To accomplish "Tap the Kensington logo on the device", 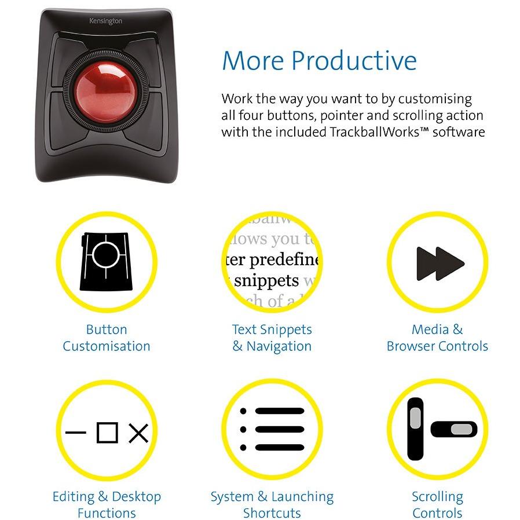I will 105,21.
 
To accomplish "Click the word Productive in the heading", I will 353,61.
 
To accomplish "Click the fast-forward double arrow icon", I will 440,263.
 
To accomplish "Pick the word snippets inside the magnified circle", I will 267,281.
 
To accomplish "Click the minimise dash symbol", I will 75,433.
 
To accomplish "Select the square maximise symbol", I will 107,432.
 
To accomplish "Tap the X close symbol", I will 138,433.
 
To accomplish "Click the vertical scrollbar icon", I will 415,429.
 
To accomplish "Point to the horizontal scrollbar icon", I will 454,429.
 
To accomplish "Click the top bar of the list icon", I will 279,412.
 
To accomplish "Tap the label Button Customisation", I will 107,338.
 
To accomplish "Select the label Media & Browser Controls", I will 437,338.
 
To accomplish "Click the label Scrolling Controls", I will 437,504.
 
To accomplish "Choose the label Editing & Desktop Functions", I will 107,504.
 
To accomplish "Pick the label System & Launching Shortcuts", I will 272,504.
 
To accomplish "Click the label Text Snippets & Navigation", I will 272,338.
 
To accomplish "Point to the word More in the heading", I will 252,61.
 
